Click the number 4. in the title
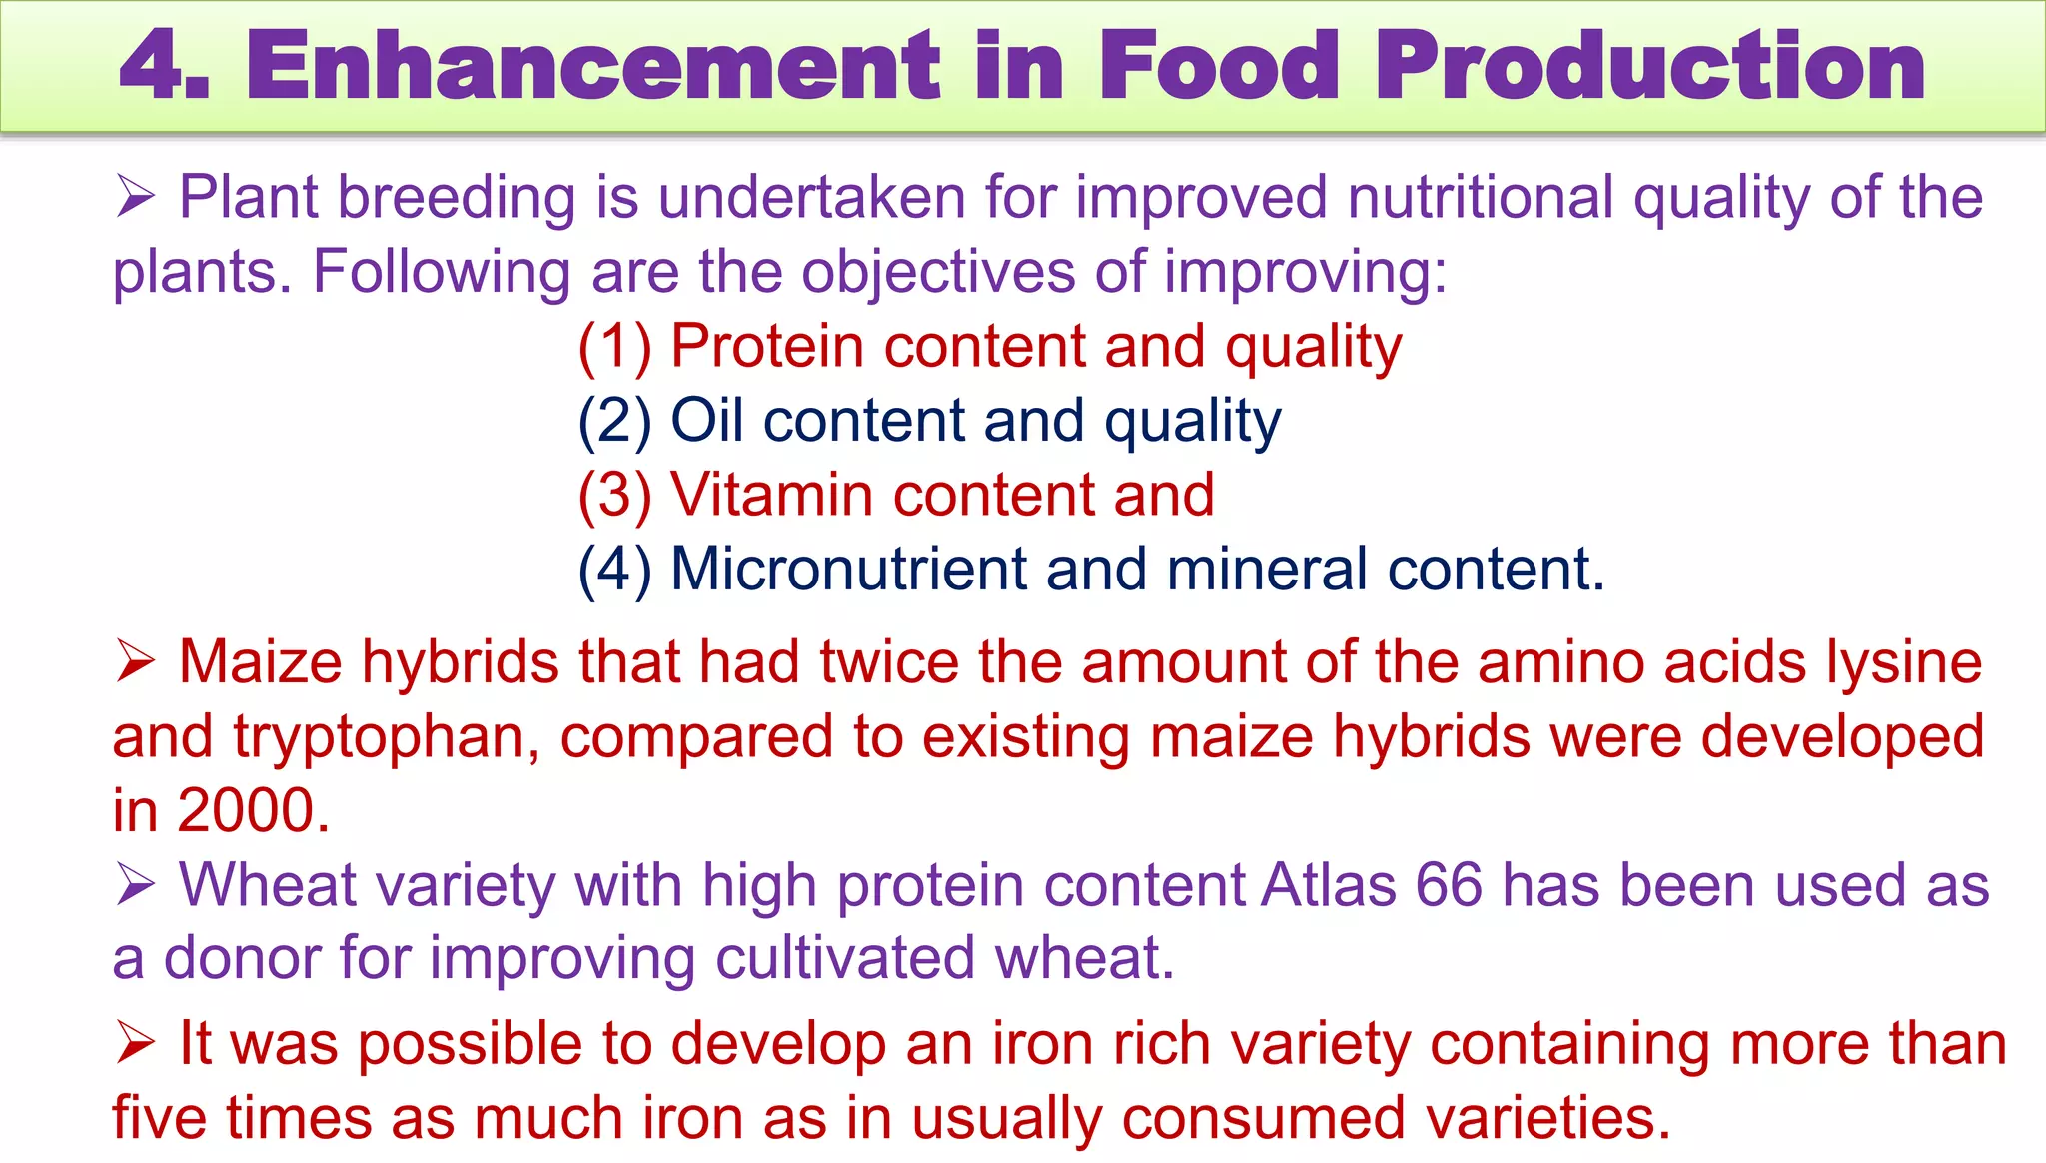click(x=164, y=66)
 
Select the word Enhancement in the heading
click(x=593, y=66)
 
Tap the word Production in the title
click(x=1650, y=66)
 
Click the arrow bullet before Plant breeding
click(x=135, y=195)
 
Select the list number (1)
click(x=614, y=347)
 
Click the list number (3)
click(x=614, y=495)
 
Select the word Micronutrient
click(x=848, y=569)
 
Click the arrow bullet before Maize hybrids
click(x=135, y=661)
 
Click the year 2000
click(x=254, y=810)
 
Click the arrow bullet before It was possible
click(x=135, y=1043)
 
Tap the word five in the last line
click(x=159, y=1117)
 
